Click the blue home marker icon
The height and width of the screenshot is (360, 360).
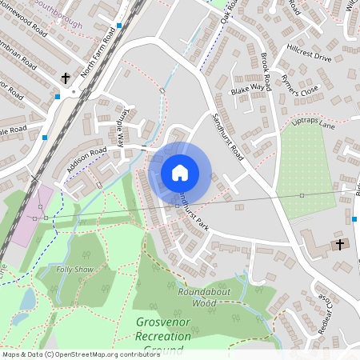click(x=179, y=172)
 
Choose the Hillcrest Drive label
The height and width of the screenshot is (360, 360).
click(x=311, y=58)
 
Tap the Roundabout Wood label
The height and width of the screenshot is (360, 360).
click(x=204, y=298)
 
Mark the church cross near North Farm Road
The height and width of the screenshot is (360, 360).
click(x=66, y=78)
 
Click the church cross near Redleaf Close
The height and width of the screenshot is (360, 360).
click(x=339, y=244)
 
